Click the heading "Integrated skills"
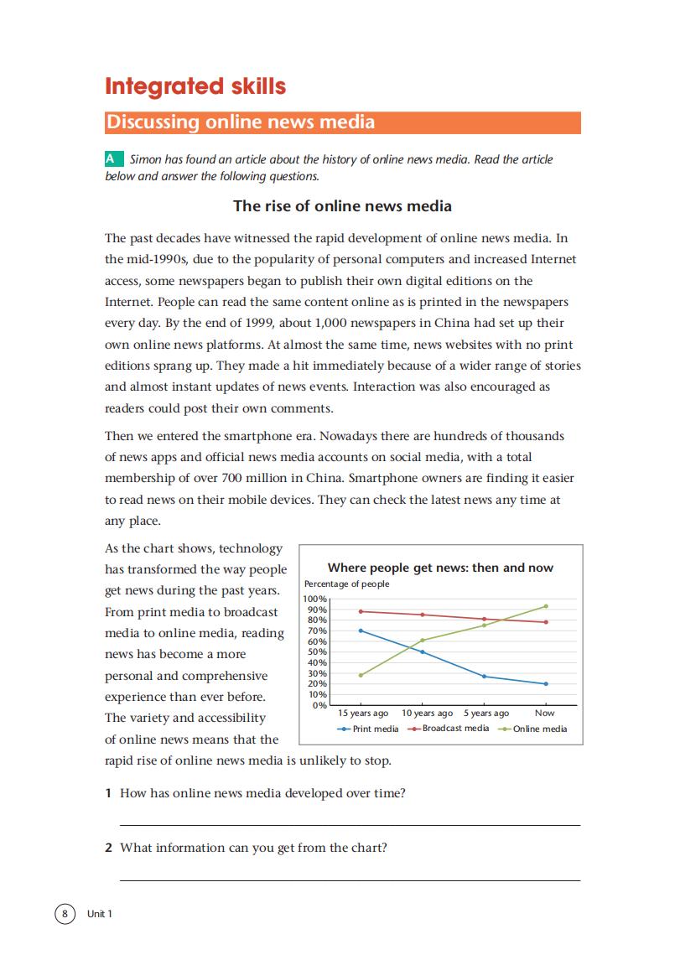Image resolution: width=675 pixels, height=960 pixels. pyautogui.click(x=195, y=86)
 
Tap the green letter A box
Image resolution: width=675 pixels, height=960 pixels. pyautogui.click(x=110, y=159)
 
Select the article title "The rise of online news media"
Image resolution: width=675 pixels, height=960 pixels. pyautogui.click(x=342, y=205)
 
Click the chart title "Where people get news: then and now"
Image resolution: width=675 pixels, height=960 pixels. pyautogui.click(x=440, y=568)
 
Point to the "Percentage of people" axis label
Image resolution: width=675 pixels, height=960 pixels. pyautogui.click(x=346, y=584)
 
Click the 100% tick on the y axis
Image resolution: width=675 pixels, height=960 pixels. pyautogui.click(x=315, y=599)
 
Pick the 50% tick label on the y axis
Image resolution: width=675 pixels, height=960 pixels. pyautogui.click(x=317, y=651)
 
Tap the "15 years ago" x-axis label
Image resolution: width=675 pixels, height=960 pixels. pyautogui.click(x=362, y=713)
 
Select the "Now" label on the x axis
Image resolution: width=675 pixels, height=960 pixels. pyautogui.click(x=544, y=713)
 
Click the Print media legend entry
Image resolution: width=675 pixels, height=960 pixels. pyautogui.click(x=368, y=729)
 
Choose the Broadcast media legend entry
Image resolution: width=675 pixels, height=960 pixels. pyautogui.click(x=448, y=728)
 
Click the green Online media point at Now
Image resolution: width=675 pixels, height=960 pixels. pyautogui.click(x=546, y=606)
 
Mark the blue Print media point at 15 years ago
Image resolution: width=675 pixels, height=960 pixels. pyautogui.click(x=361, y=630)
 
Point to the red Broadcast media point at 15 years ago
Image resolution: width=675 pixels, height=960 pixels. pyautogui.click(x=361, y=611)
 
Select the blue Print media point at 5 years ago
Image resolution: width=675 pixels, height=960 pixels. pyautogui.click(x=484, y=676)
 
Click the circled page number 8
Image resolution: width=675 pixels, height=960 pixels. pyautogui.click(x=65, y=913)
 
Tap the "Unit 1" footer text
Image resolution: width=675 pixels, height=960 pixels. pyautogui.click(x=99, y=914)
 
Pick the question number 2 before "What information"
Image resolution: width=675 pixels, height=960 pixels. pyautogui.click(x=109, y=848)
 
